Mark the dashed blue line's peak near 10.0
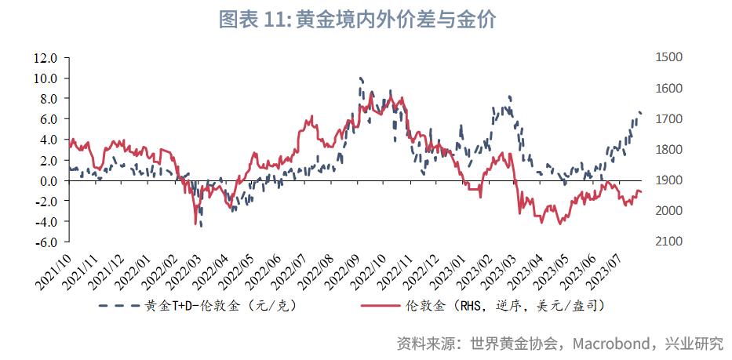360,78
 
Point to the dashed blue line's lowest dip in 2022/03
202,226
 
